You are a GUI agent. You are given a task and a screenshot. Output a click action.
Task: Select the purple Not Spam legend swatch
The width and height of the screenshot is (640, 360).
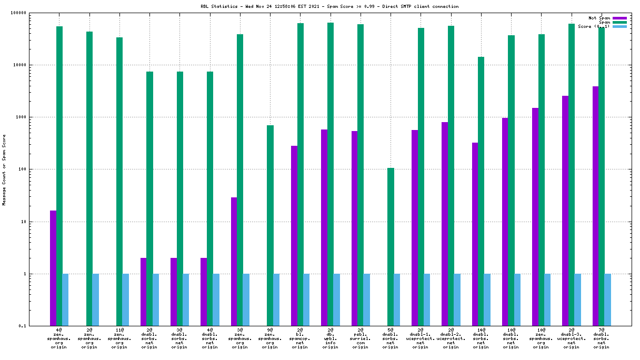(620, 18)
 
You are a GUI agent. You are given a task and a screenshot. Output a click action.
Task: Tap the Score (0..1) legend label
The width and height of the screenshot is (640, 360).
(594, 26)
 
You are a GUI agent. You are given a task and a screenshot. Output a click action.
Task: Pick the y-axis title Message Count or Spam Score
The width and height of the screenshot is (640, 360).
(4, 169)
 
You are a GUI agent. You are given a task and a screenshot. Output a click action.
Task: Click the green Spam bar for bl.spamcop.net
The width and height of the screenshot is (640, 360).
(300, 174)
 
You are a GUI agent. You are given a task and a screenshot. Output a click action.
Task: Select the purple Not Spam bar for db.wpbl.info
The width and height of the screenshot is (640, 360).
(324, 227)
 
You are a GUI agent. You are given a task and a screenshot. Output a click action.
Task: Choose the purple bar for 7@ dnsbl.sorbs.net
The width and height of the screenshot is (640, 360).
(595, 206)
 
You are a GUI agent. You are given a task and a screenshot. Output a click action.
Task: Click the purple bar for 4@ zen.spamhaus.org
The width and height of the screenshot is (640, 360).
(53, 268)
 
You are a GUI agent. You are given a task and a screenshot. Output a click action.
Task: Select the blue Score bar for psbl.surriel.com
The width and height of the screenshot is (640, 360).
(366, 299)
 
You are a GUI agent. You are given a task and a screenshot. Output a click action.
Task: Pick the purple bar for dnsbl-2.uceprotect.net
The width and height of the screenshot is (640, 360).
(445, 224)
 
